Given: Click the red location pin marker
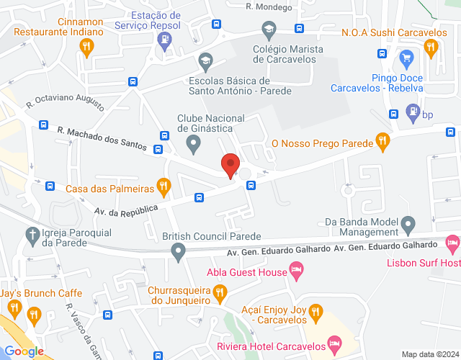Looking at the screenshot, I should pyautogui.click(x=230, y=166).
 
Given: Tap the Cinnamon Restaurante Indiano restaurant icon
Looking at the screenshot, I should pyautogui.click(x=87, y=48).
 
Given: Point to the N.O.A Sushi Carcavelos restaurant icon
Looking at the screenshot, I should pyautogui.click(x=431, y=48).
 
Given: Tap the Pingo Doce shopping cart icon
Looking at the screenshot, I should pyautogui.click(x=406, y=57).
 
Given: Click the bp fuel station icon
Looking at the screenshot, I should pyautogui.click(x=412, y=112).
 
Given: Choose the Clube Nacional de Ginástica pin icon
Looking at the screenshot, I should pyautogui.click(x=193, y=145).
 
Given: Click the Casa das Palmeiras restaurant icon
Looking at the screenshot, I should pyautogui.click(x=164, y=186).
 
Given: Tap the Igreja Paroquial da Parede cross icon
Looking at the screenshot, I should pyautogui.click(x=32, y=234).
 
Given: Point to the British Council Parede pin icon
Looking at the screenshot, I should pyautogui.click(x=178, y=251).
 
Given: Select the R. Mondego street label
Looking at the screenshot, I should pyautogui.click(x=269, y=6).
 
